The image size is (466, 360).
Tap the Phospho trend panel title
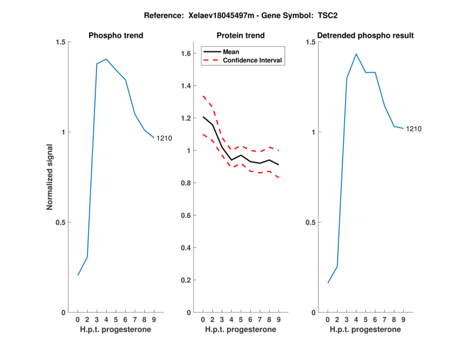pos(115,36)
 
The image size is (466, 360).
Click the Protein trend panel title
pos(241,36)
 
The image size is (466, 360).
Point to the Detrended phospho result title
pos(365,36)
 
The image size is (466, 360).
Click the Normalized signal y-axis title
pos(50,177)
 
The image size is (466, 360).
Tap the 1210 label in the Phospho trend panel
pos(164,138)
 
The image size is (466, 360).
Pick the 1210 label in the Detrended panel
pos(414,129)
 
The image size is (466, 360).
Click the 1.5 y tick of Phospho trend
pos(60,42)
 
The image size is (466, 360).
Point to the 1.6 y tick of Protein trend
pos(186,54)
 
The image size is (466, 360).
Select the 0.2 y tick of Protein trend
pos(186,280)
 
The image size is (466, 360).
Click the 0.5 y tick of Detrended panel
pos(310,223)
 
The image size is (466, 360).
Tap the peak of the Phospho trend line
pos(107,59)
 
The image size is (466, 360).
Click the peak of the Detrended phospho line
pos(356,54)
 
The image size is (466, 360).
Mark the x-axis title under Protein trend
pos(241,330)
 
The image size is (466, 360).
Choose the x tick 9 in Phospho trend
pos(154,320)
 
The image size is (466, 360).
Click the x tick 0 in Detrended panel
pos(328,320)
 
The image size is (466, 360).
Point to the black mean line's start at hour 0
pos(203,117)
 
